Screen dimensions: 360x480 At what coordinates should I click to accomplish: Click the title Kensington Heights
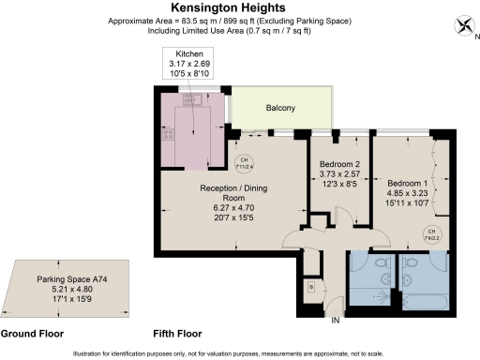pyautogui.click(x=239, y=7)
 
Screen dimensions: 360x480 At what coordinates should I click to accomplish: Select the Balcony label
pyautogui.click(x=279, y=109)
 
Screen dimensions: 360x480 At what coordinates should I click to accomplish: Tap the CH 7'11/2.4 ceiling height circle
pyautogui.click(x=245, y=162)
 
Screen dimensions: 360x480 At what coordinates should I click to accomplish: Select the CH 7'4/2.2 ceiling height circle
pyautogui.click(x=432, y=234)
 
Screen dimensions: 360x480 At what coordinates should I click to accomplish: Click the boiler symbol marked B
pyautogui.click(x=310, y=287)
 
